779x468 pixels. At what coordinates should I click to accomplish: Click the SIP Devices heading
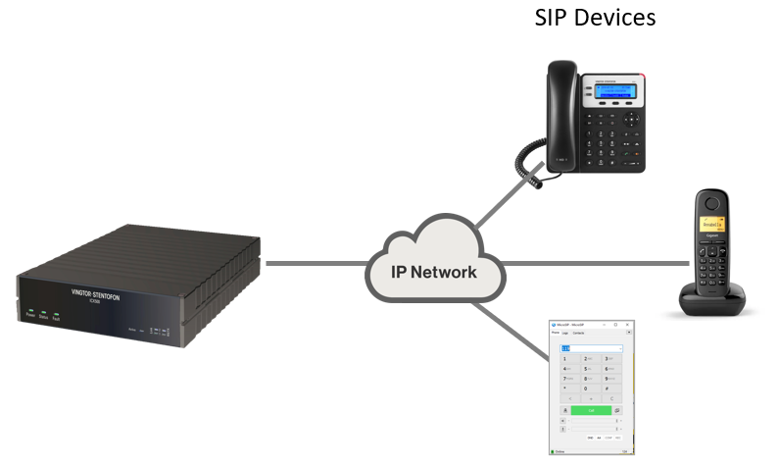(x=595, y=18)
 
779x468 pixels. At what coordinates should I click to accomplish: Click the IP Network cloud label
(x=434, y=272)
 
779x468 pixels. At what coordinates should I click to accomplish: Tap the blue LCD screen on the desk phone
(x=612, y=92)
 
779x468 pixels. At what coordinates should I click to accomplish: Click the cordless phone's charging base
(x=713, y=297)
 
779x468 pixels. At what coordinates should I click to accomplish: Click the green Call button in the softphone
(x=591, y=410)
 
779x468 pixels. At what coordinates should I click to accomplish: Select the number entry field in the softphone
(x=591, y=348)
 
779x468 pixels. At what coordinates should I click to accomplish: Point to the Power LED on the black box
(x=31, y=311)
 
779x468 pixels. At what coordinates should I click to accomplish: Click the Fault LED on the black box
(x=56, y=313)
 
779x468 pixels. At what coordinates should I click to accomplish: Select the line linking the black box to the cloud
(x=314, y=263)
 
